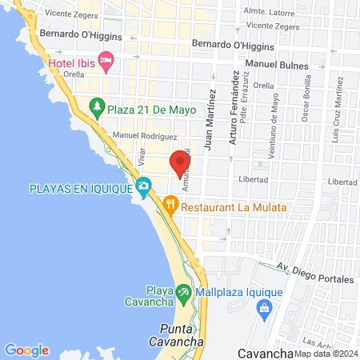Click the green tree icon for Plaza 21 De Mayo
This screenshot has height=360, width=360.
click(x=97, y=106)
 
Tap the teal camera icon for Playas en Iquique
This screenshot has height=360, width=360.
click(x=144, y=189)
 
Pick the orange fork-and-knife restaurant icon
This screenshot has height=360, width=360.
click(x=170, y=206)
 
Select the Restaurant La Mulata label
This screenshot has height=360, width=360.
click(x=234, y=206)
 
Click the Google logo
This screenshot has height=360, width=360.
click(x=27, y=350)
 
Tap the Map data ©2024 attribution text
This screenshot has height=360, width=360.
click(x=325, y=353)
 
